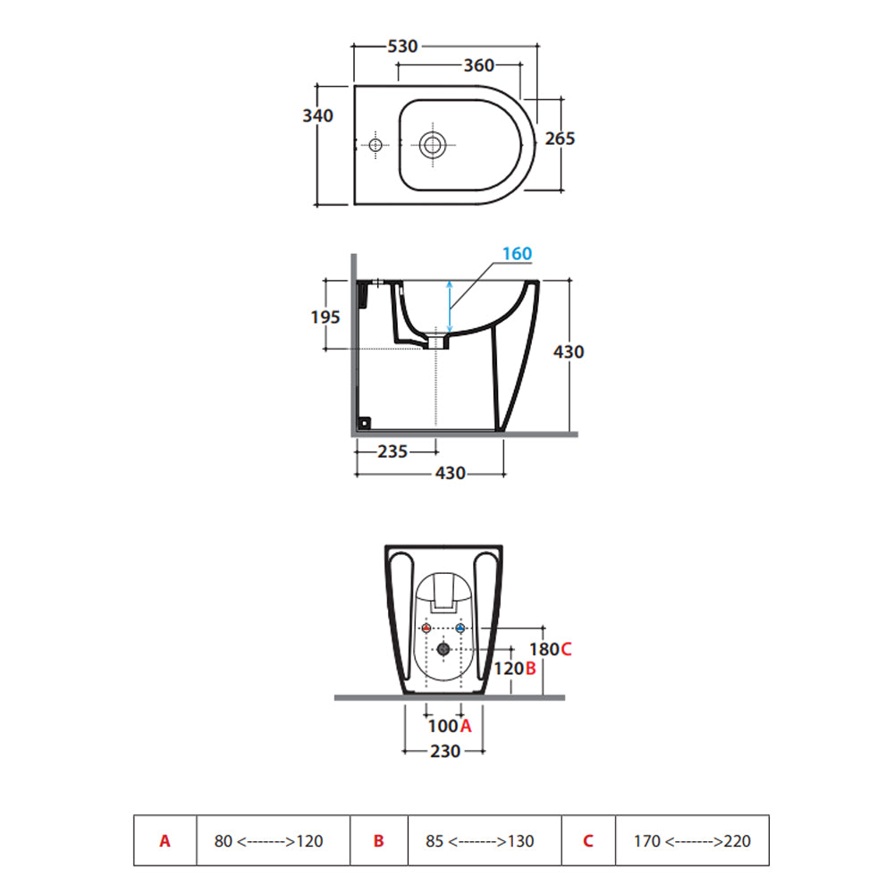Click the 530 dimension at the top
pos(402,46)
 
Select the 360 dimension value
pos(479,66)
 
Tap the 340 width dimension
pos(317,116)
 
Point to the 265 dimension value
pos(560,139)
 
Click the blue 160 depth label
pos(516,254)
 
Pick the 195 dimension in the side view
pos(326,316)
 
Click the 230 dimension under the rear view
pos(444,752)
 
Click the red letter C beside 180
pos(566,649)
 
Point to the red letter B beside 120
pos(530,669)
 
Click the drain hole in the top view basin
pos(434,145)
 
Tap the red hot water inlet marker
pos(426,629)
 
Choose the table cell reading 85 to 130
pos(484,840)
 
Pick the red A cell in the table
pos(164,840)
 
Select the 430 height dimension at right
pos(569,352)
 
